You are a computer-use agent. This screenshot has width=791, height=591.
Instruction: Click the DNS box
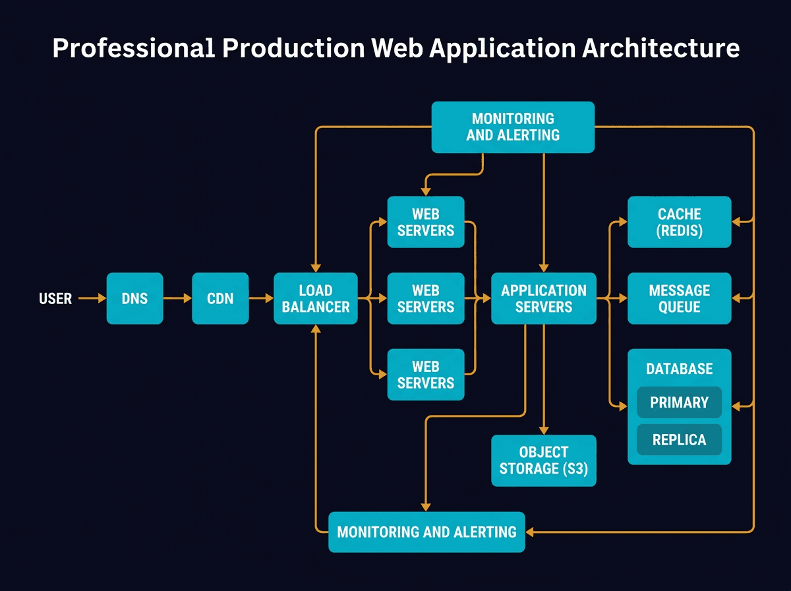click(134, 299)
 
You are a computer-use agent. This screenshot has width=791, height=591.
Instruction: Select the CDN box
click(220, 299)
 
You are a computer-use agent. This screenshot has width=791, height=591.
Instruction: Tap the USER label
click(55, 299)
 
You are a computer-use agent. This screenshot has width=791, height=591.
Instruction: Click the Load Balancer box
click(316, 299)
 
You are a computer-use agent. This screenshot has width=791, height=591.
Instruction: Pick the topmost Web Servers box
click(426, 222)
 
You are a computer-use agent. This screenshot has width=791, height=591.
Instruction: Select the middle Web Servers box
click(426, 299)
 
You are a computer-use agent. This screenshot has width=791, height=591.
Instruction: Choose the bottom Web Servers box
click(426, 375)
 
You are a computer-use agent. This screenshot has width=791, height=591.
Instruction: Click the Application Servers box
click(544, 299)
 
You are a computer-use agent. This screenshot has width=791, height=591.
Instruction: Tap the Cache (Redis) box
click(679, 222)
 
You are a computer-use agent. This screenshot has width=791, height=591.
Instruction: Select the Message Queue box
click(679, 299)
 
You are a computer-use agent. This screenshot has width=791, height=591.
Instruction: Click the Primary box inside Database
click(679, 402)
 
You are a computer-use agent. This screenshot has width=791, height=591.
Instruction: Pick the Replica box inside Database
click(679, 440)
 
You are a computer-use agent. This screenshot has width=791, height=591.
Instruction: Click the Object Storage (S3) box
click(544, 460)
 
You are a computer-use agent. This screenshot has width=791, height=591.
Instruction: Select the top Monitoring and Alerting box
click(513, 127)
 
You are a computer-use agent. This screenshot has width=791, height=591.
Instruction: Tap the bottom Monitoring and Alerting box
click(426, 532)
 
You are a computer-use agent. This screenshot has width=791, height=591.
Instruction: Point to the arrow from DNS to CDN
click(177, 299)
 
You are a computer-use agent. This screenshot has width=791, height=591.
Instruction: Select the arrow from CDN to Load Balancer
click(261, 299)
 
